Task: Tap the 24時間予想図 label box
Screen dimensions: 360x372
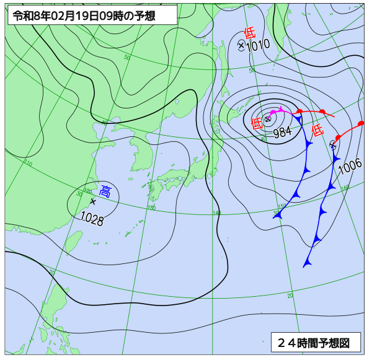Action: click(x=315, y=341)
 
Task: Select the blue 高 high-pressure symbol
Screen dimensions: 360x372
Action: click(x=105, y=191)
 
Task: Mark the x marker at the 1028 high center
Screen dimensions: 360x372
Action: click(x=93, y=201)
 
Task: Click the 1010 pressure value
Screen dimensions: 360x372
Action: click(x=257, y=45)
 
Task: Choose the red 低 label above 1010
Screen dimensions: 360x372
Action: click(x=249, y=33)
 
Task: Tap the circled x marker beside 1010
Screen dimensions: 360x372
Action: click(x=242, y=45)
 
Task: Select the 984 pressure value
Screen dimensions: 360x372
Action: click(x=282, y=131)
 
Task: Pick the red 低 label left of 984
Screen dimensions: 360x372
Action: click(x=257, y=123)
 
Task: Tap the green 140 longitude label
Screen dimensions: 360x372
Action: click(x=216, y=213)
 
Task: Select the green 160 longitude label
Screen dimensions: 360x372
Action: click(x=345, y=188)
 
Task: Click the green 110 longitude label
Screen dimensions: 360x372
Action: click(x=28, y=164)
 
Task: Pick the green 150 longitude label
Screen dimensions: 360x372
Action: click(x=281, y=206)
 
